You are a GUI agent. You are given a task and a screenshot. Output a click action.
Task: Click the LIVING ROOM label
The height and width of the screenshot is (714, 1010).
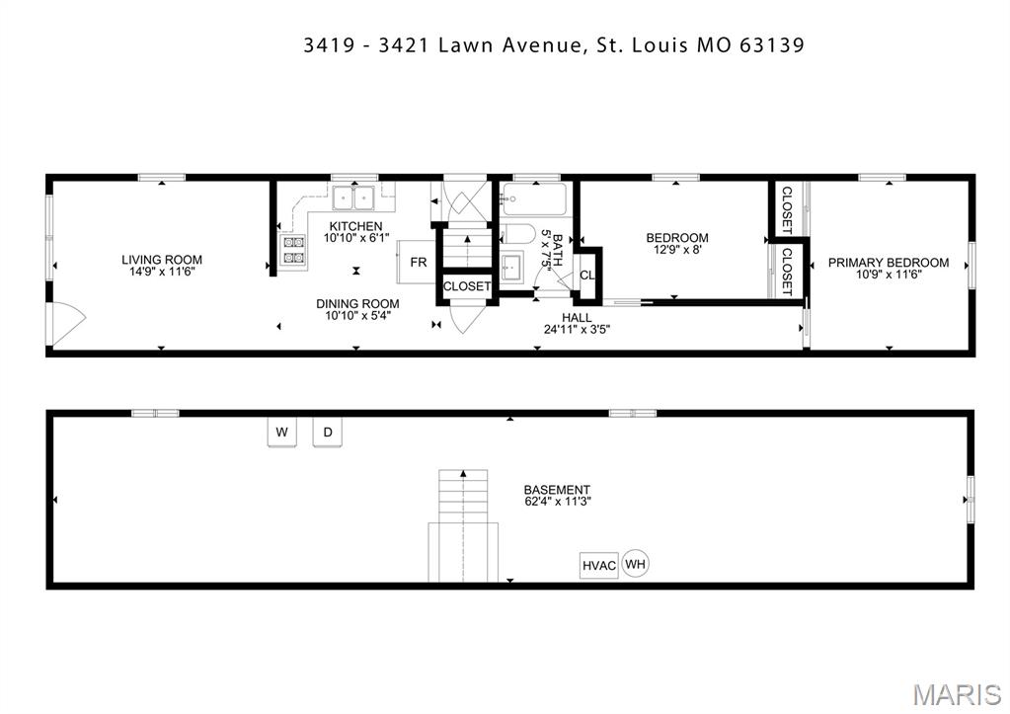click(x=162, y=261)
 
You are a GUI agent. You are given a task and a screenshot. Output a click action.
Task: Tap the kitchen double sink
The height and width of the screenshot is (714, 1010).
click(x=352, y=198)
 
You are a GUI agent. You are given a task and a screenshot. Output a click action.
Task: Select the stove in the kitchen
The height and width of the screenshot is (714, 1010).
click(x=294, y=250)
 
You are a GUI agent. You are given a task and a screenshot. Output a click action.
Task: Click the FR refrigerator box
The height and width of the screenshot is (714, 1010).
click(x=419, y=263)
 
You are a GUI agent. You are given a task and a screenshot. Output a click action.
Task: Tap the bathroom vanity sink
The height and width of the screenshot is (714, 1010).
click(x=512, y=268)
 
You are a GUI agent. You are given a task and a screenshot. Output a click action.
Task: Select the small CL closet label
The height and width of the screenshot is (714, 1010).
click(x=586, y=276)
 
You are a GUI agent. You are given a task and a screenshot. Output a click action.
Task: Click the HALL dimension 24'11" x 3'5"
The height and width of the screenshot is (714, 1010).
click(x=577, y=330)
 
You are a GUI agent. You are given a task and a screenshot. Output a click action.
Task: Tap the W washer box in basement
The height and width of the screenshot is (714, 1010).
click(x=281, y=433)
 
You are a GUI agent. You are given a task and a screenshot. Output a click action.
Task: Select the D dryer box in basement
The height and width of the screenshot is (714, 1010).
click(x=329, y=433)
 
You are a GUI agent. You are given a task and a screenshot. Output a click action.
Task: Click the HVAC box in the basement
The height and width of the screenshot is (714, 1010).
click(x=598, y=566)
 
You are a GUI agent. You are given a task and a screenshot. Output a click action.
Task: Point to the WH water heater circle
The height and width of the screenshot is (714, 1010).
click(x=635, y=565)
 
